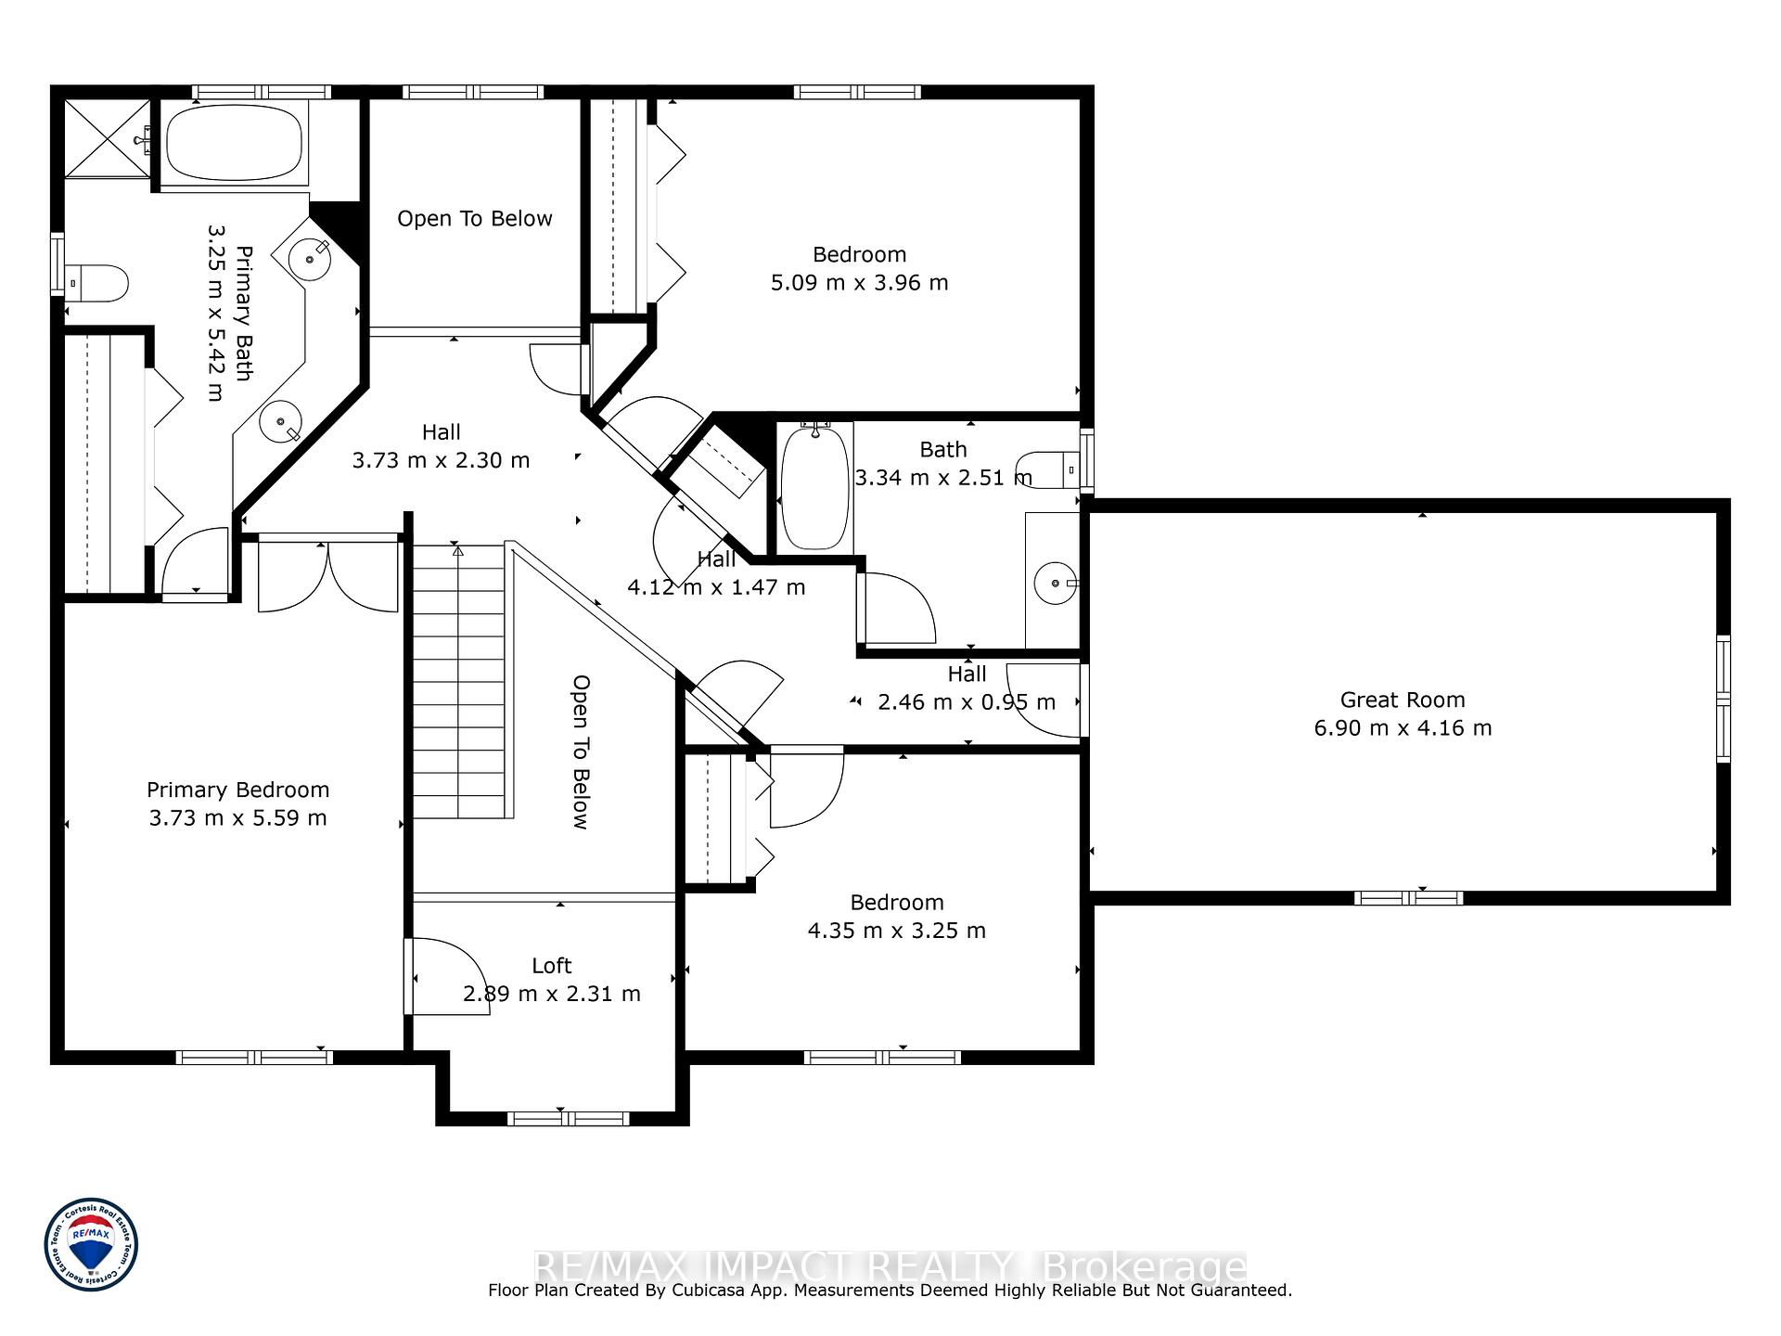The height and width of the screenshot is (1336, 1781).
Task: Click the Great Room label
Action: [x=1403, y=700]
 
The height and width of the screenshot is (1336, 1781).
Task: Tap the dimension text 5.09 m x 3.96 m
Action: [x=860, y=282]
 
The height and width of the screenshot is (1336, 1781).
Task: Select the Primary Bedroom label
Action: [x=238, y=790]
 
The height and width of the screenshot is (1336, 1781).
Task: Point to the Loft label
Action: [x=552, y=966]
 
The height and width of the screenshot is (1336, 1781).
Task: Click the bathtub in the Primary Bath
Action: [x=234, y=144]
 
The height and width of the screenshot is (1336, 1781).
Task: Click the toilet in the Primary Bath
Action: [x=96, y=283]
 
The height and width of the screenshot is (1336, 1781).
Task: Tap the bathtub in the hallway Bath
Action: [x=815, y=486]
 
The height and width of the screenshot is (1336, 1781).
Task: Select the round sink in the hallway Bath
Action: [x=1056, y=583]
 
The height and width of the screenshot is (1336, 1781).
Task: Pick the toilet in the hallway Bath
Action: [x=1048, y=469]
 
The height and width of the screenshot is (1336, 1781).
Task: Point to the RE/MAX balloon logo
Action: [x=92, y=1243]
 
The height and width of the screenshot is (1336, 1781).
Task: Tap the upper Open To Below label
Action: [x=475, y=218]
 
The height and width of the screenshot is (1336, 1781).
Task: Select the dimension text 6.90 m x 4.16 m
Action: [x=1403, y=727]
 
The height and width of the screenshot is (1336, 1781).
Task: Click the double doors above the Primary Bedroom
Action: [x=328, y=573]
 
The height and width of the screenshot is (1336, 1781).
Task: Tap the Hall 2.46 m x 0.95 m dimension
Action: [x=967, y=702]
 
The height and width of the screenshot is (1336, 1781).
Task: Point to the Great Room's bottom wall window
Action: [x=1408, y=897]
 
